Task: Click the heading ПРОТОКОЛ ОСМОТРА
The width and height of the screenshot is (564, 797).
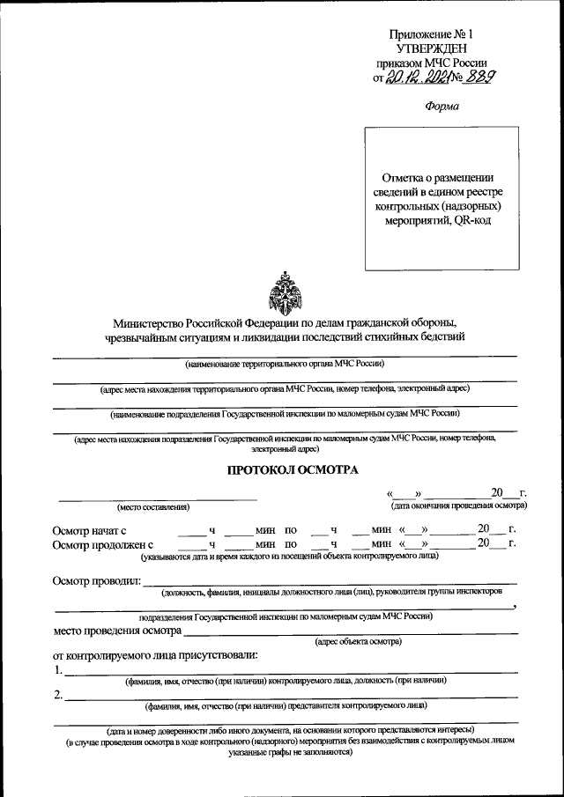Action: tap(293, 470)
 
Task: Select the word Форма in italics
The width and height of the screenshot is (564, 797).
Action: tap(442, 107)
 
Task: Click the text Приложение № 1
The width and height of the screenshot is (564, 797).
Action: tap(437, 33)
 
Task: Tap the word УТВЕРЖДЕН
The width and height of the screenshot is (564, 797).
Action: tap(437, 48)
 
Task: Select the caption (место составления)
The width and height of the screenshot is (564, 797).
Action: tap(153, 507)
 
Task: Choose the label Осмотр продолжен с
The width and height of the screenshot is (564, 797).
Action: tap(108, 545)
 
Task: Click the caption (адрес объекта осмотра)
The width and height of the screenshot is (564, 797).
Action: tap(358, 642)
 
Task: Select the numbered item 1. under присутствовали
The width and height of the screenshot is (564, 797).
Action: tap(57, 671)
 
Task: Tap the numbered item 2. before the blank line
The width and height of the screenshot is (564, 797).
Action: tap(57, 697)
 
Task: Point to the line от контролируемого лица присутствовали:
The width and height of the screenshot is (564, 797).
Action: tap(156, 655)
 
